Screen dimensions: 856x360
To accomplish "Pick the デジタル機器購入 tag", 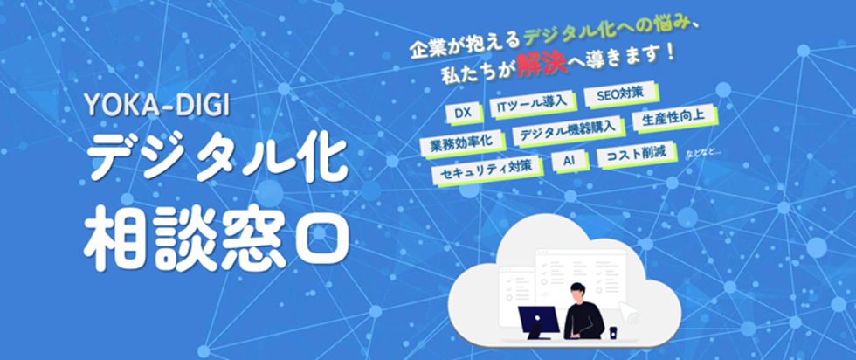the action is click(x=569, y=130).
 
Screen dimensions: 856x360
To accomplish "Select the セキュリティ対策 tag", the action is click(x=488, y=170).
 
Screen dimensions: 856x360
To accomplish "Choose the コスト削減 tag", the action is click(x=635, y=154).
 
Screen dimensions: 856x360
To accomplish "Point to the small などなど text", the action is click(x=703, y=154).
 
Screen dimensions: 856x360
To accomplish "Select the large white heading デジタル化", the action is click(x=217, y=161).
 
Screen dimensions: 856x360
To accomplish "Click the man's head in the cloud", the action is click(x=578, y=294).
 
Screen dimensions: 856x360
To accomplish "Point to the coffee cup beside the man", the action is click(x=613, y=332).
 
